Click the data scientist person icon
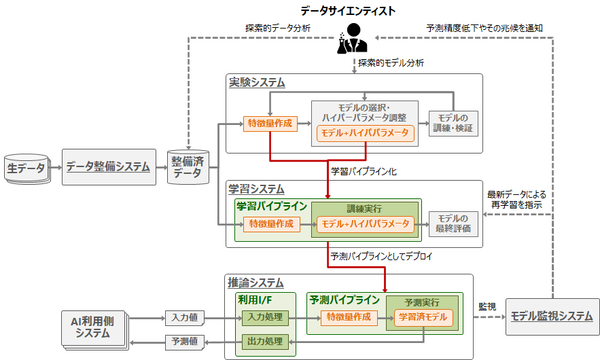pyautogui.click(x=353, y=39)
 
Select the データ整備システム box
pyautogui.click(x=109, y=166)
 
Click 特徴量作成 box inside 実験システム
pyautogui.click(x=270, y=124)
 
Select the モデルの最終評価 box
pyautogui.click(x=453, y=223)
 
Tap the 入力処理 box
pyautogui.click(x=266, y=317)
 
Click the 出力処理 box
pyautogui.click(x=266, y=341)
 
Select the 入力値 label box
pyautogui.click(x=184, y=317)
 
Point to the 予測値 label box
pyautogui.click(x=184, y=341)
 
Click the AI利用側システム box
pyautogui.click(x=93, y=328)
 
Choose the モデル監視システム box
pyautogui.click(x=552, y=317)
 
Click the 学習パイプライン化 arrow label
pyautogui.click(x=364, y=172)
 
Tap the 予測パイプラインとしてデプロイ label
pyautogui.click(x=381, y=257)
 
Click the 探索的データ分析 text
pyautogui.click(x=278, y=29)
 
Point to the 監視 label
pyautogui.click(x=487, y=307)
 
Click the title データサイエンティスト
pyautogui.click(x=348, y=10)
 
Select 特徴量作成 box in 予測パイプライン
pyautogui.click(x=348, y=317)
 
